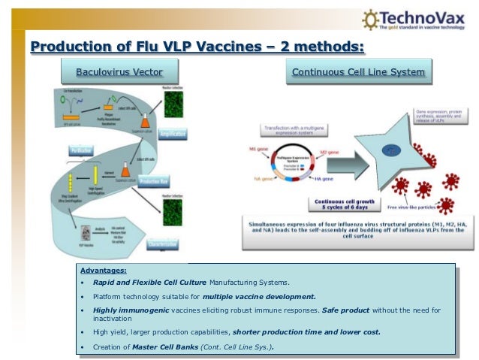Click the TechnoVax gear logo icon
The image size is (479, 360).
(369, 19)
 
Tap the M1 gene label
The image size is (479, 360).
(258, 148)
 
